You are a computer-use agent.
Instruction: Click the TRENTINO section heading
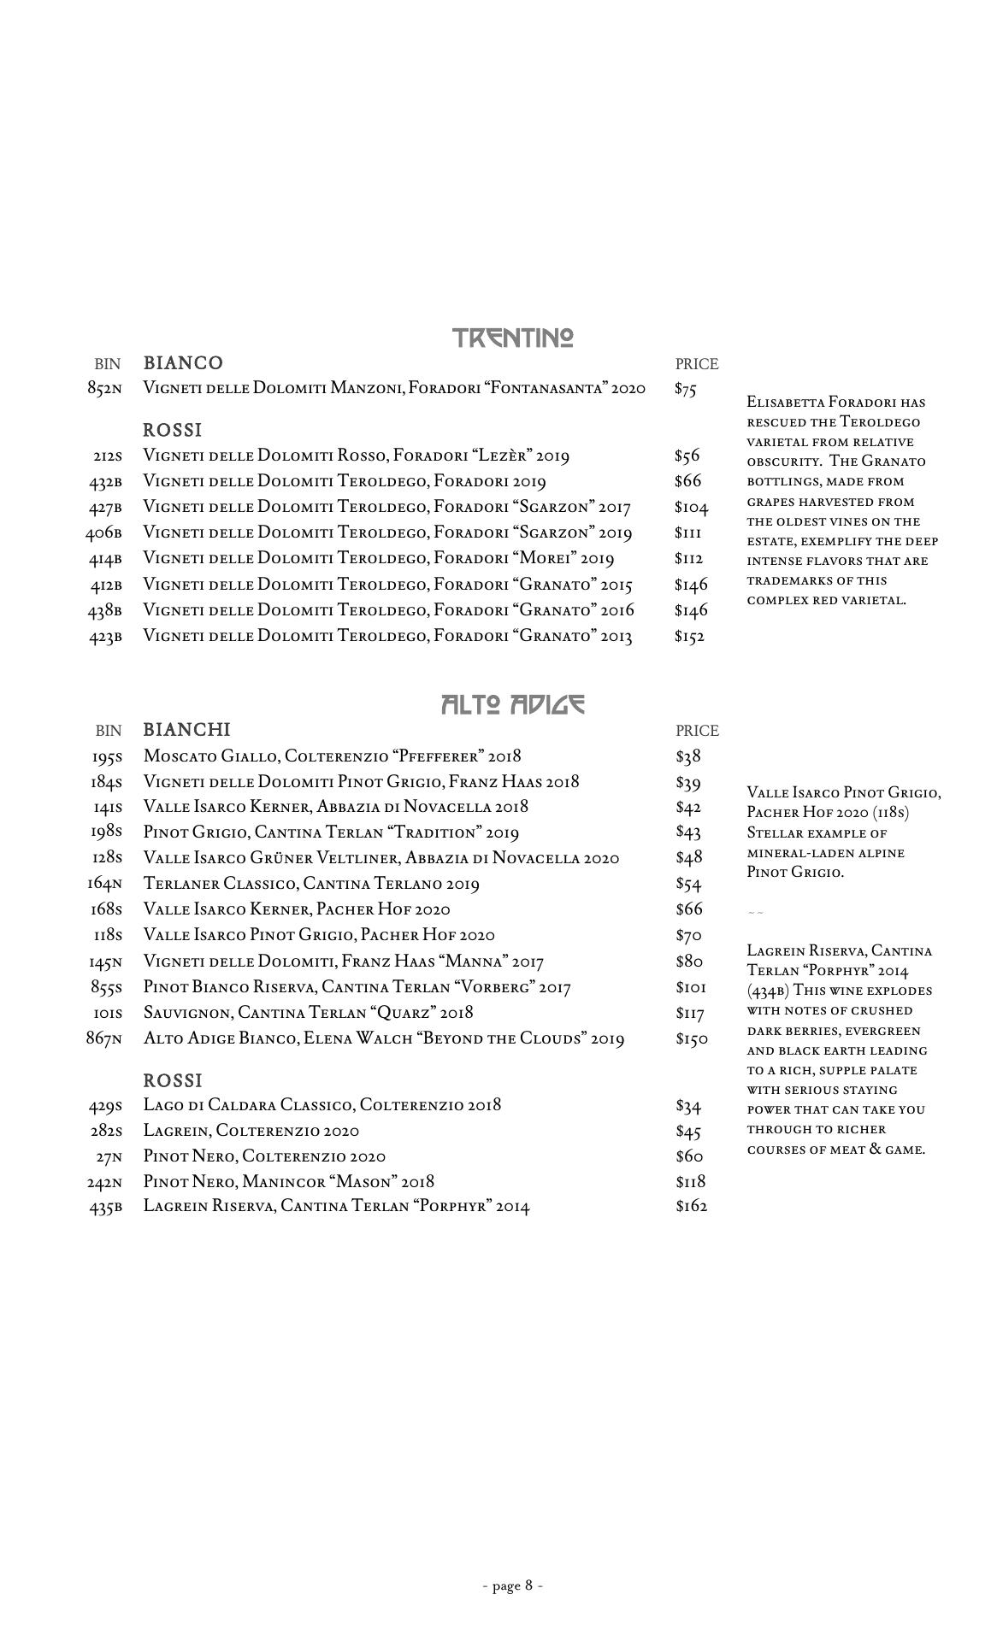[x=513, y=338]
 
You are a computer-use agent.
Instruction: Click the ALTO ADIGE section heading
[x=513, y=704]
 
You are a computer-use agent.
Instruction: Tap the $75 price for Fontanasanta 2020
[x=686, y=389]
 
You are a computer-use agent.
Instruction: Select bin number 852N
[x=104, y=389]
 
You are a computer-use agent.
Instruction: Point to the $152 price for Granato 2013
[x=689, y=636]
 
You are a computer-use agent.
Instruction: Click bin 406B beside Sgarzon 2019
[x=103, y=533]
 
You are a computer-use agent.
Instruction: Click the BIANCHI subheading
[x=186, y=730]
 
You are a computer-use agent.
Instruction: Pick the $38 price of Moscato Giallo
[x=688, y=756]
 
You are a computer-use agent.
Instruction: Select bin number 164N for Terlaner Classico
[x=104, y=885]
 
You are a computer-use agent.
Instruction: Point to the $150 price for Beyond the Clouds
[x=691, y=1039]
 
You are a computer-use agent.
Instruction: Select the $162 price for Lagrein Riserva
[x=691, y=1207]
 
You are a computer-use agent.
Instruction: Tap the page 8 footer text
[x=513, y=1585]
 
